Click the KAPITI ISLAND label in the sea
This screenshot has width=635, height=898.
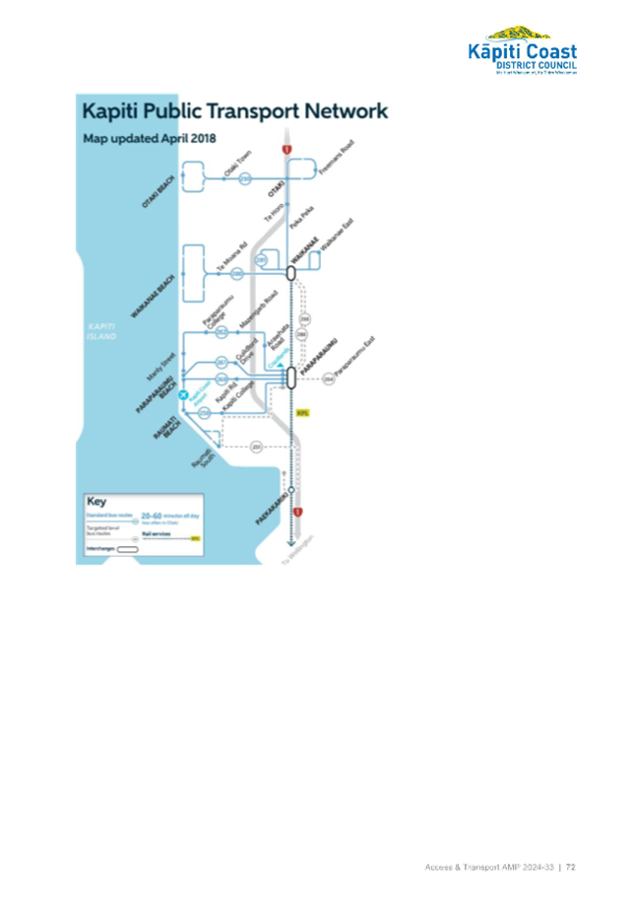pyautogui.click(x=101, y=330)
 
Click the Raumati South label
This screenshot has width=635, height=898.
pyautogui.click(x=204, y=462)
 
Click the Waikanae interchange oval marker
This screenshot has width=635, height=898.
pyautogui.click(x=291, y=271)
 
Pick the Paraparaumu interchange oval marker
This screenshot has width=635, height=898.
pyautogui.click(x=291, y=377)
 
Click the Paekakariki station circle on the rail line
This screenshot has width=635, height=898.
pyautogui.click(x=292, y=490)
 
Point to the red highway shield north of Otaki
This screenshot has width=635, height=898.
pyautogui.click(x=286, y=149)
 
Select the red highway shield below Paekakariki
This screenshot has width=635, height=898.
pyautogui.click(x=297, y=514)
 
